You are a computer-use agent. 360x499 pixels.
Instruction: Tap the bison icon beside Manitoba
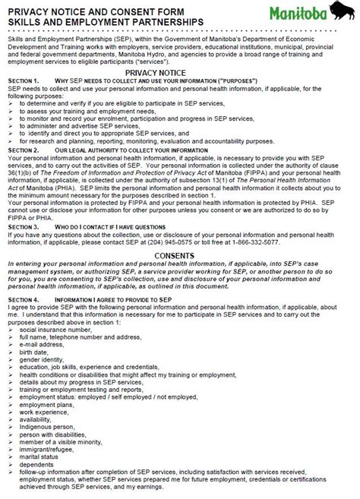[340, 11]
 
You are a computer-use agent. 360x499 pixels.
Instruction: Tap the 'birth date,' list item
[37, 353]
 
